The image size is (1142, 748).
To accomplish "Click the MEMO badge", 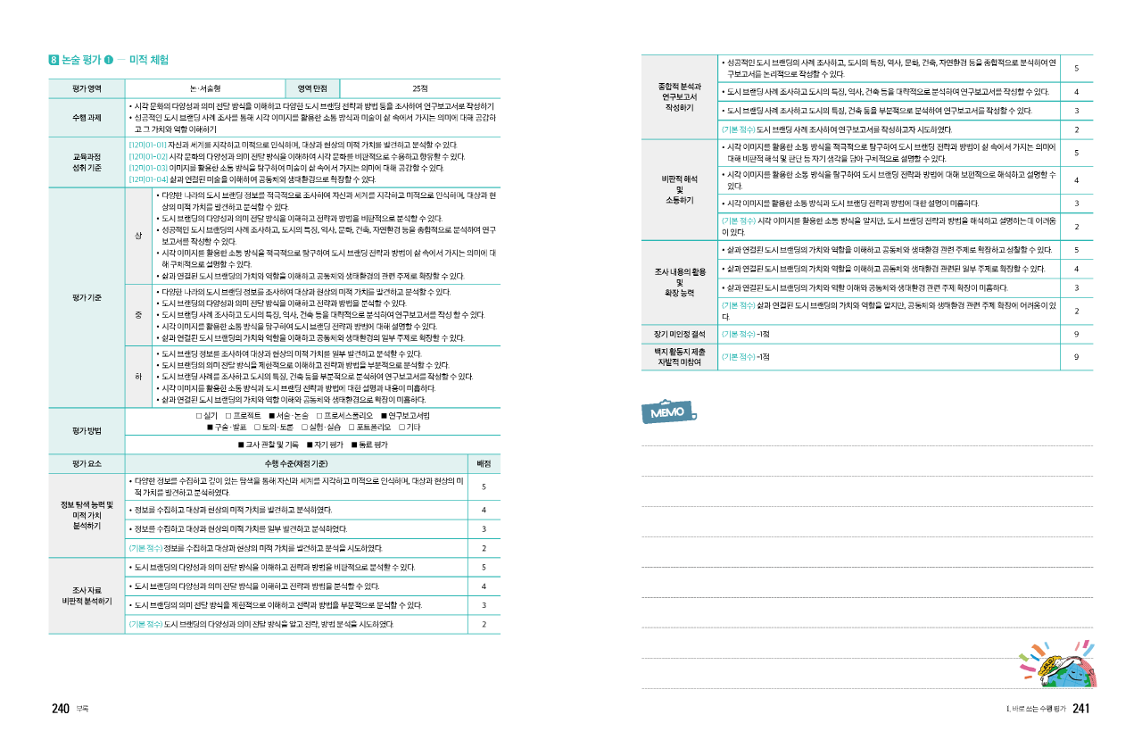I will coord(667,414).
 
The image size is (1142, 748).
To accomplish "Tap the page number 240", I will coord(60,709).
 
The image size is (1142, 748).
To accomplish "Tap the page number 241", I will coord(1081,709).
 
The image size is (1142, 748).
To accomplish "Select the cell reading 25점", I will coord(420,88).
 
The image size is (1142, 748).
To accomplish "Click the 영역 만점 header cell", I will coord(313,88).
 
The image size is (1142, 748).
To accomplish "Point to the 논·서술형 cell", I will coord(206,88).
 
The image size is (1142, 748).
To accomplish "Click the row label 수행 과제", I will coord(87,118).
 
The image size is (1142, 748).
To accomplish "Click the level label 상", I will coord(138,235).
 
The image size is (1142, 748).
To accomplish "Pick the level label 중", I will coord(138,314).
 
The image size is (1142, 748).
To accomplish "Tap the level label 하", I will coord(138,376).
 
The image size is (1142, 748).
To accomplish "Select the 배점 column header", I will coord(483,464).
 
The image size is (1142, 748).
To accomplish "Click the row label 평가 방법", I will coord(87,430).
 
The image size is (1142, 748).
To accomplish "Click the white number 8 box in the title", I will coord(54,61).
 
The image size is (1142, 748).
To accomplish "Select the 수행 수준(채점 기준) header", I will coord(296,464).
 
